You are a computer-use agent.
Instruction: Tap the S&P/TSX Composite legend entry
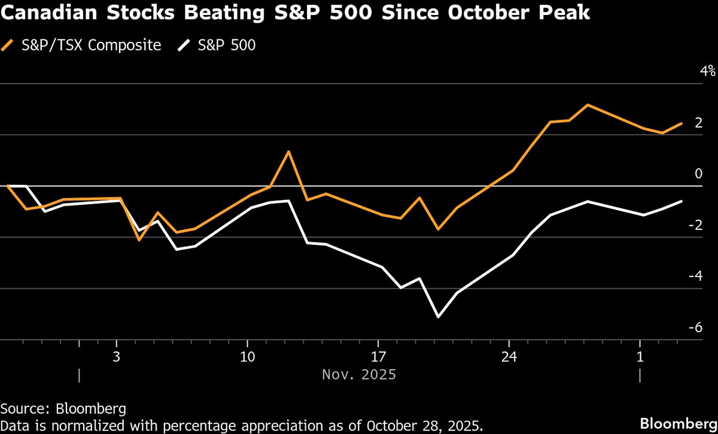pos(81,45)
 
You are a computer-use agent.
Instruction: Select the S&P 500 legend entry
pos(217,45)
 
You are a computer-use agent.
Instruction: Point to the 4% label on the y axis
pos(708,71)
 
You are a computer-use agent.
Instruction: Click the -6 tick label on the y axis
pos(695,327)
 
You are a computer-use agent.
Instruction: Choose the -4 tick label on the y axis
pos(695,276)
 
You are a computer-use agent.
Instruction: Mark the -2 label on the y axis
pos(695,225)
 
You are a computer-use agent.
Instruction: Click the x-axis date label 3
pos(116,357)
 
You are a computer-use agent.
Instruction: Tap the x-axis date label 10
pos(248,357)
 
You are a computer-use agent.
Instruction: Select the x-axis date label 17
pos(378,357)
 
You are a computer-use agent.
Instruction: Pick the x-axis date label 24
pos(509,357)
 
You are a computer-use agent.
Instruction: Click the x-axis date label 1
pos(640,357)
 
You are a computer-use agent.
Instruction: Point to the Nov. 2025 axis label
pos(359,375)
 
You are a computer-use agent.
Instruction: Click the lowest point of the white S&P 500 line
pos(439,317)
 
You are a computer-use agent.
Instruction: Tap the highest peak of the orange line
pos(587,105)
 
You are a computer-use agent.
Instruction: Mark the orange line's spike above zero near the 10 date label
pos(289,151)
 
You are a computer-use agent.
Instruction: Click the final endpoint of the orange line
pos(681,123)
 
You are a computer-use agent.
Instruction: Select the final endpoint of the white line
pos(681,202)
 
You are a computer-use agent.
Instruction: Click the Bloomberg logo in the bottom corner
pos(679,424)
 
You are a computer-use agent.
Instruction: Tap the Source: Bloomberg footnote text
pos(63,409)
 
